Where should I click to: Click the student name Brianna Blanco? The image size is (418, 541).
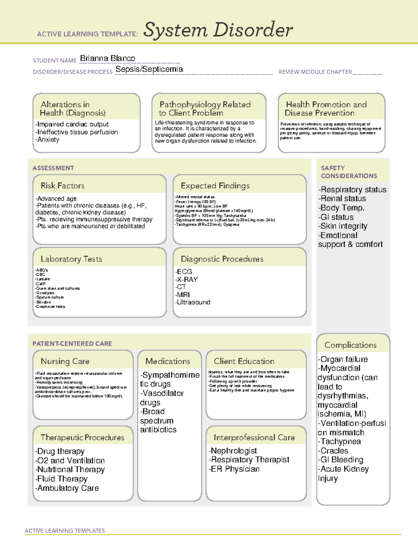[x=108, y=59]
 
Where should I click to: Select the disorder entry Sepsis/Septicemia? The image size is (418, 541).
[x=149, y=69]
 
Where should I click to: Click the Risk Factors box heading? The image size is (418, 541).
[x=63, y=186]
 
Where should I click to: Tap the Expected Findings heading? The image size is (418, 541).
[x=215, y=186]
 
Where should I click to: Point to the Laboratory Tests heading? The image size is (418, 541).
[x=71, y=259]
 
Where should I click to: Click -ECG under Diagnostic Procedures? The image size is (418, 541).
[x=184, y=272]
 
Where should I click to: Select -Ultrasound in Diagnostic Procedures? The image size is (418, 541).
[x=193, y=302]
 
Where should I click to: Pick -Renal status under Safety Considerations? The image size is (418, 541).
[x=342, y=199]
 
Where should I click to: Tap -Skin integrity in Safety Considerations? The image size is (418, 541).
[x=342, y=226]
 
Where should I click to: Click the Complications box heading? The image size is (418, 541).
[x=350, y=345]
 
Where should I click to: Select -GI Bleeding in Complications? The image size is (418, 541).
[x=340, y=460]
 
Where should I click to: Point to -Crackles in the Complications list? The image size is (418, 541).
[x=333, y=451]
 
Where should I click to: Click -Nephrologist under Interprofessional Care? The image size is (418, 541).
[x=233, y=451]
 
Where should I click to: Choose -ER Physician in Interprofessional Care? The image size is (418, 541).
[x=234, y=469]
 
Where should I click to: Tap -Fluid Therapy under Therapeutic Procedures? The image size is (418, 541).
[x=61, y=479]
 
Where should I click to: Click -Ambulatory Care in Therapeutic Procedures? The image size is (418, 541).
[x=67, y=488]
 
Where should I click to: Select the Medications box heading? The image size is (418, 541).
[x=168, y=361]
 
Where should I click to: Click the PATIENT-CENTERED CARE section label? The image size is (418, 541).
[x=72, y=343]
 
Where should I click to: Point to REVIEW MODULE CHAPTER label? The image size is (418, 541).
[x=315, y=72]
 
